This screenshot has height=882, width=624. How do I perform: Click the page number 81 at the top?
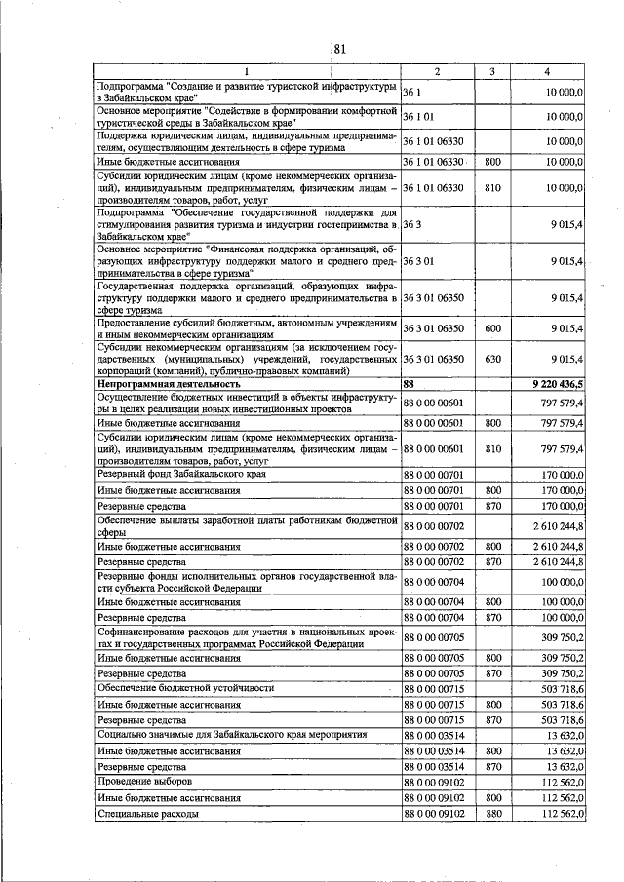click(340, 50)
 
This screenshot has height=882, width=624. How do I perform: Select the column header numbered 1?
click(247, 72)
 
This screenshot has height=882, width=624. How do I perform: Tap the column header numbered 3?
click(492, 72)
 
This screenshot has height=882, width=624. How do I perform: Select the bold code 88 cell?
click(409, 385)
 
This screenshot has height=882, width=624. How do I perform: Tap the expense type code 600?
click(492, 328)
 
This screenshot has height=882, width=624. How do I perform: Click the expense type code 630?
click(492, 359)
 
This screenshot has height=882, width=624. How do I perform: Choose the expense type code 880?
click(492, 813)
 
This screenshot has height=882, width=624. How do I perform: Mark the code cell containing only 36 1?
click(411, 91)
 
